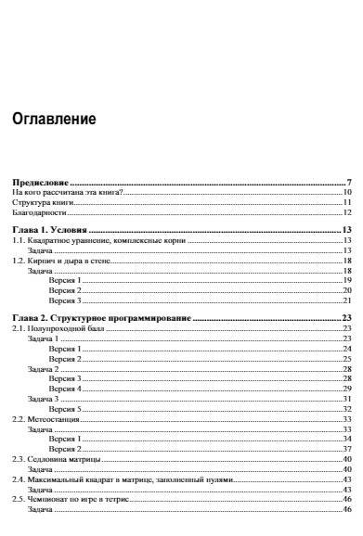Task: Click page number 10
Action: [x=345, y=191]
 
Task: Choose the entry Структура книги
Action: [x=35, y=202]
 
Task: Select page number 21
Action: [x=345, y=301]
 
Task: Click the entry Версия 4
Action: [x=65, y=389]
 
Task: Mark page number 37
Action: [x=345, y=449]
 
